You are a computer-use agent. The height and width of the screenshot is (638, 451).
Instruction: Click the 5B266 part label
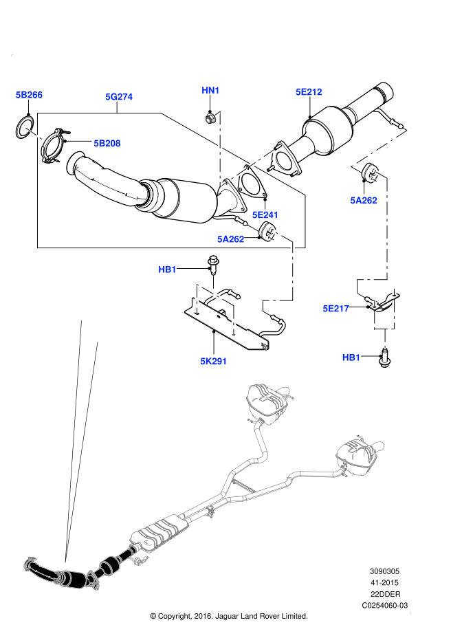point(29,95)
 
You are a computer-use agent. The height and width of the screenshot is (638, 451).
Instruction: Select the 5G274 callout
point(119,97)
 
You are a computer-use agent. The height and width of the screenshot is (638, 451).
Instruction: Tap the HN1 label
point(210,91)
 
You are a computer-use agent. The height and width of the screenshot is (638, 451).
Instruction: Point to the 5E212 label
point(309,92)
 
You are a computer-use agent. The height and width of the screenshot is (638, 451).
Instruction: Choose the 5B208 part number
point(107,143)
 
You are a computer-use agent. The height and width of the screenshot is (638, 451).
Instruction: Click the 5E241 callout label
point(265,215)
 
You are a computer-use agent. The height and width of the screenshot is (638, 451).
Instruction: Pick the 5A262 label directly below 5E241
point(231,239)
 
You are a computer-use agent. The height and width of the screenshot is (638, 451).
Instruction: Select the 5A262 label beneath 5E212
point(364,201)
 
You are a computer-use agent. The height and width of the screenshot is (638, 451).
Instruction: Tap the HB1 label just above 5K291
point(167,269)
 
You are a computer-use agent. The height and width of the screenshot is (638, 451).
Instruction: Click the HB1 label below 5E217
point(351,357)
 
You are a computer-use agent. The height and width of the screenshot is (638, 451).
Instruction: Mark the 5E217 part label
point(336,309)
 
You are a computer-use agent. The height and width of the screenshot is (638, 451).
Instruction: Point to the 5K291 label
point(214,361)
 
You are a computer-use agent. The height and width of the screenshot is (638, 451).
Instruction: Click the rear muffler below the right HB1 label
point(358,454)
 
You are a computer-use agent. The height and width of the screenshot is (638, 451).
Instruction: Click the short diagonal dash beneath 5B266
point(34,133)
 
